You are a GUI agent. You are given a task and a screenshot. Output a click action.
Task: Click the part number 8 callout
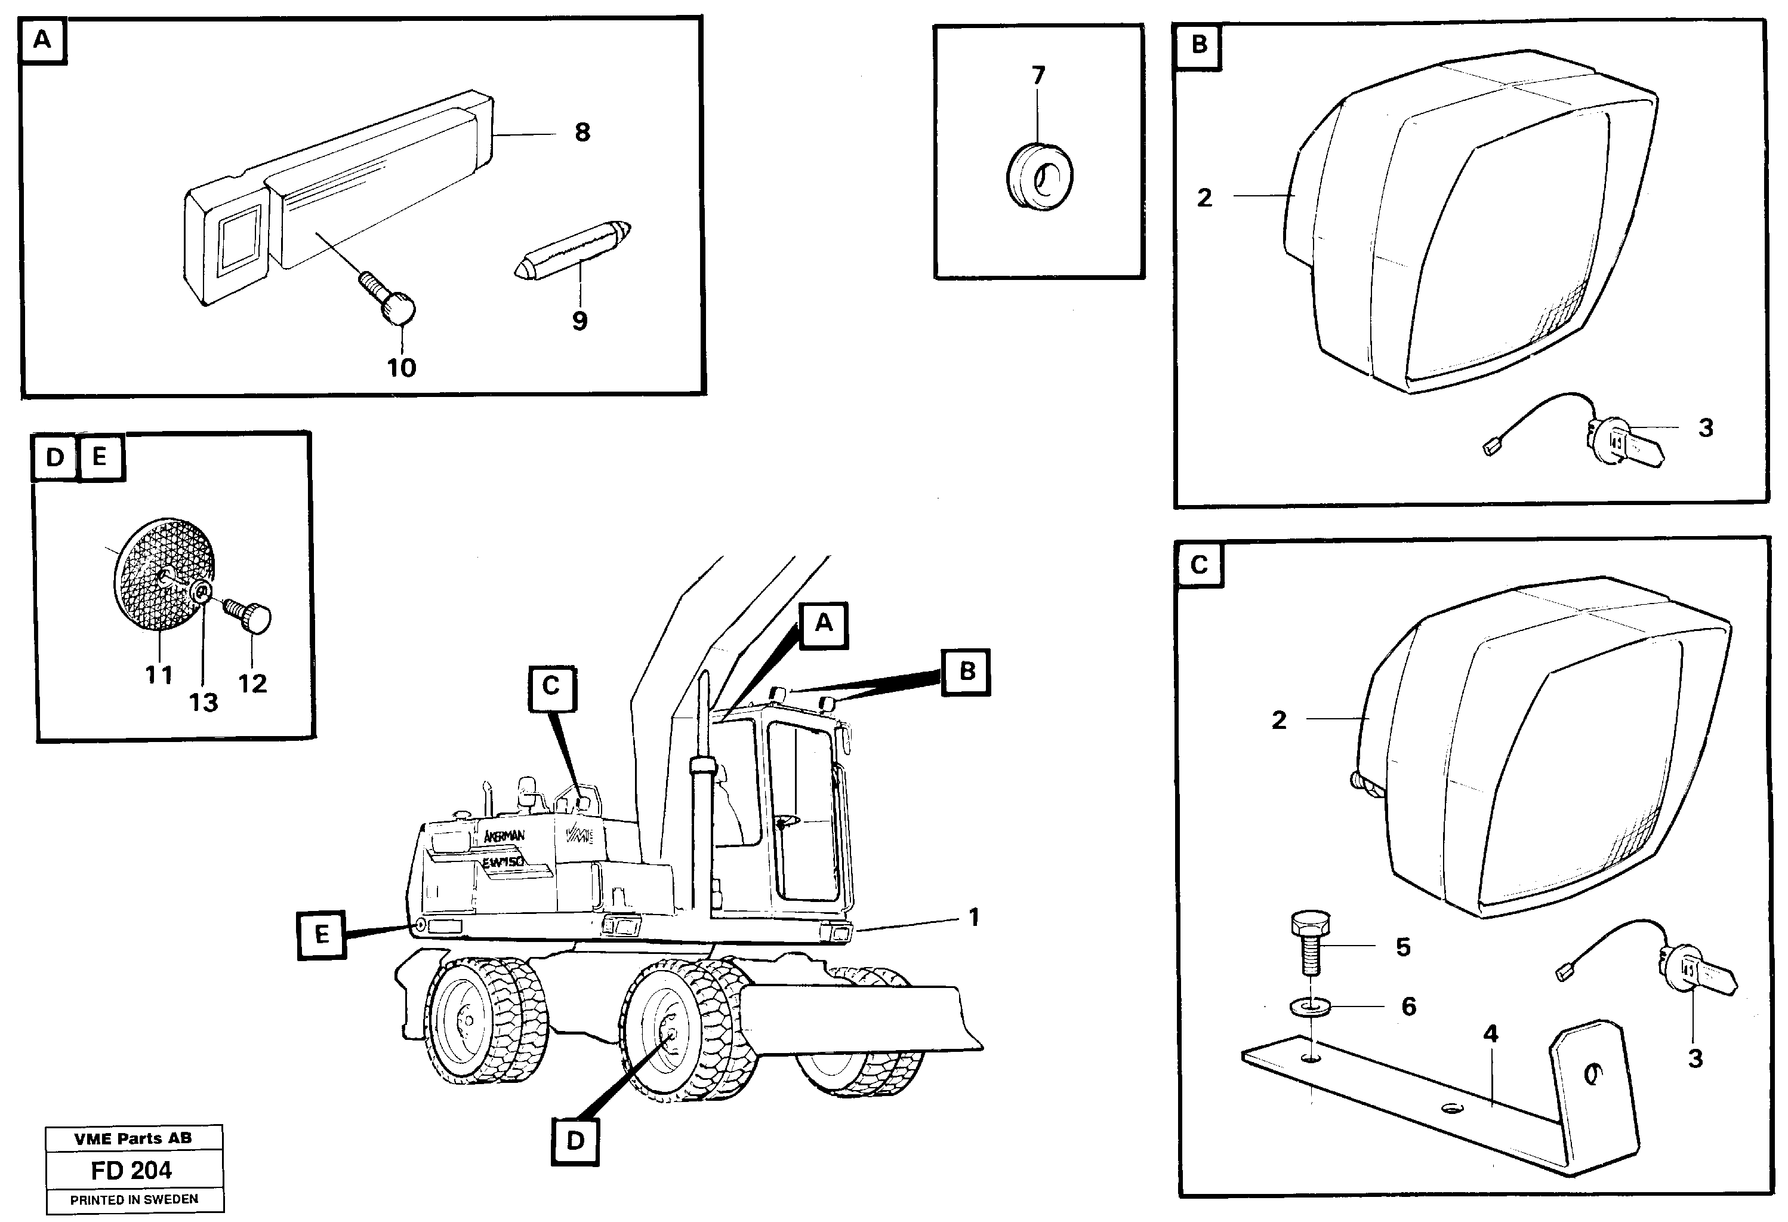[x=582, y=133]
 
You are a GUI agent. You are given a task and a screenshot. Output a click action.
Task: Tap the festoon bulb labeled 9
[x=572, y=253]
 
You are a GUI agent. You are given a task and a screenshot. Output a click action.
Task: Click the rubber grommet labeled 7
[x=1040, y=178]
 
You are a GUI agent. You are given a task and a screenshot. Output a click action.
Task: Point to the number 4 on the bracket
[x=1490, y=1034]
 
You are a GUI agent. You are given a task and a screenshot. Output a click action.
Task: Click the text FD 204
[x=131, y=1171]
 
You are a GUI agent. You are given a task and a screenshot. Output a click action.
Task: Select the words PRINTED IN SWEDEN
[x=134, y=1200]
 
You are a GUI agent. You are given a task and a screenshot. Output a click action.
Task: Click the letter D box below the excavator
[x=575, y=1140]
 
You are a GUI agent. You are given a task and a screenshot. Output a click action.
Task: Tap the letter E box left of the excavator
[x=322, y=935]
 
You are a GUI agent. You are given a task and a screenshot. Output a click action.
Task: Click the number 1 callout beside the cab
[x=973, y=918]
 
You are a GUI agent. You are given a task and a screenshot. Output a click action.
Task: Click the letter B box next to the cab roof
[x=966, y=671]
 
